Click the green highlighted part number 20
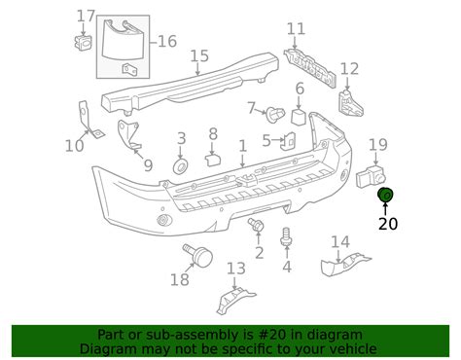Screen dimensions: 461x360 click(x=385, y=196)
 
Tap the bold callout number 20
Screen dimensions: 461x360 click(x=387, y=223)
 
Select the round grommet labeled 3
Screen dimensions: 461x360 click(x=181, y=167)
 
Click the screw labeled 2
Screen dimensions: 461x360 click(x=258, y=227)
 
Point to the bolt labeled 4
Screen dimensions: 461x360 click(x=286, y=235)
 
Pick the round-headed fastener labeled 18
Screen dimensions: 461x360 click(x=200, y=256)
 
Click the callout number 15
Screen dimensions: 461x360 click(x=199, y=55)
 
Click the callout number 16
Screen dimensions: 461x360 click(x=167, y=41)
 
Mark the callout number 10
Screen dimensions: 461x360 click(x=75, y=146)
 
